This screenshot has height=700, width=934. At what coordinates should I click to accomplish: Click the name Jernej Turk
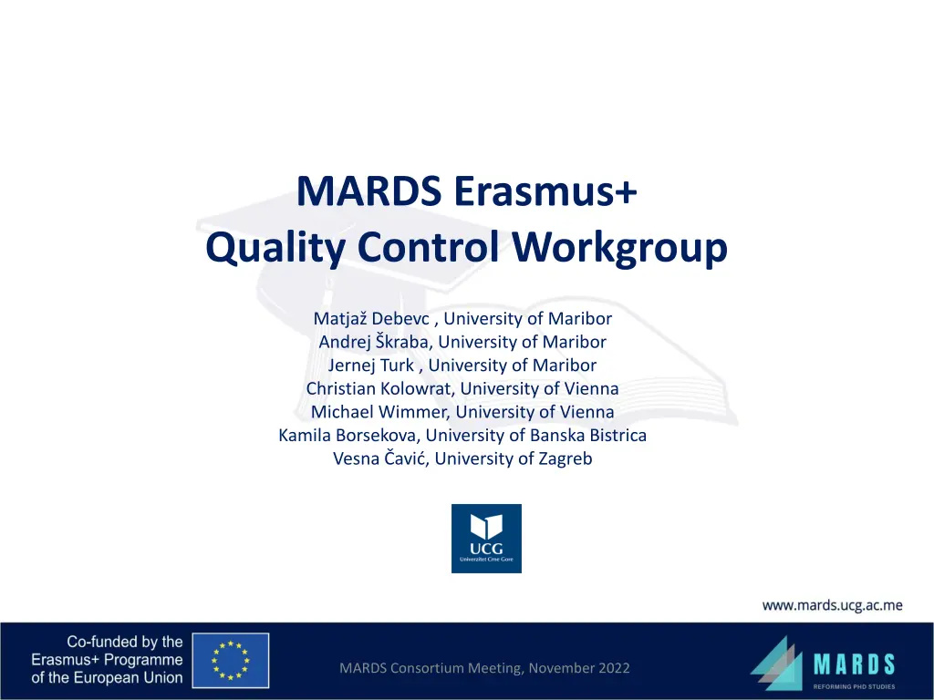pyautogui.click(x=370, y=365)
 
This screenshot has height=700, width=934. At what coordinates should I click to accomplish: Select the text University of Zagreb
pyautogui.click(x=514, y=458)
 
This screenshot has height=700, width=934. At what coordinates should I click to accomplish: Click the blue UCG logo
pyautogui.click(x=486, y=539)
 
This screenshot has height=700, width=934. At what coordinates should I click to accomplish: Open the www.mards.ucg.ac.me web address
pyautogui.click(x=832, y=604)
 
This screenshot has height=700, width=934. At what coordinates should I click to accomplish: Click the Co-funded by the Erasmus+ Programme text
pyautogui.click(x=107, y=660)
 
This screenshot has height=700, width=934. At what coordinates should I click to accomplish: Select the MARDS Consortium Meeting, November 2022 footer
pyautogui.click(x=484, y=668)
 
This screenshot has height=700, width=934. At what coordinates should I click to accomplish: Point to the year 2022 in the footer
pyautogui.click(x=611, y=668)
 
